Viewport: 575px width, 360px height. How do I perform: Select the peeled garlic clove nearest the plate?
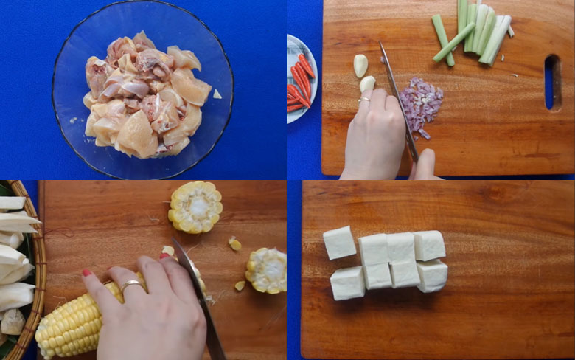[x=360, y=66]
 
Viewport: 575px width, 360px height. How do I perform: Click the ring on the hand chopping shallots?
[x=364, y=98]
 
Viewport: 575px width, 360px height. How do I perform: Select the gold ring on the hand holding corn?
[x=131, y=285]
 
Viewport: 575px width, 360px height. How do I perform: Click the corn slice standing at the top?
[x=195, y=207]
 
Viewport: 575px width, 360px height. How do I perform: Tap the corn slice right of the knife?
[x=267, y=270]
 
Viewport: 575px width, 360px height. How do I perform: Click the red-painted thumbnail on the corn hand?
[x=87, y=273]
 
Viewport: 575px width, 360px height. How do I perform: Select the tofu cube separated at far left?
[x=339, y=243]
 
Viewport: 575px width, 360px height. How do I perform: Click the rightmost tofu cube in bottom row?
[x=432, y=276]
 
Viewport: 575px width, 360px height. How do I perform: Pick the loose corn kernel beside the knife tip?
[x=234, y=243]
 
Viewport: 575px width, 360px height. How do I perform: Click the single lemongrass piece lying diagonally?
[x=453, y=42]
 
